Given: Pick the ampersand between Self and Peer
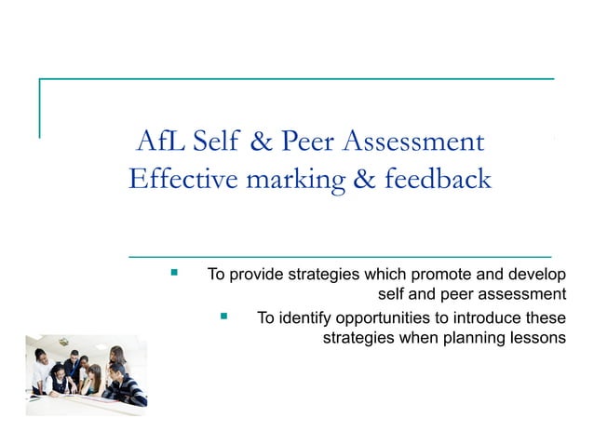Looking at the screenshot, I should click(262, 142).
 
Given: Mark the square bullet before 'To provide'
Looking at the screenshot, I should click(174, 274).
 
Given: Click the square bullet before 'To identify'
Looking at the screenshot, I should click(223, 317).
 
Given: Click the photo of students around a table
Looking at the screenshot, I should click(86, 375).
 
